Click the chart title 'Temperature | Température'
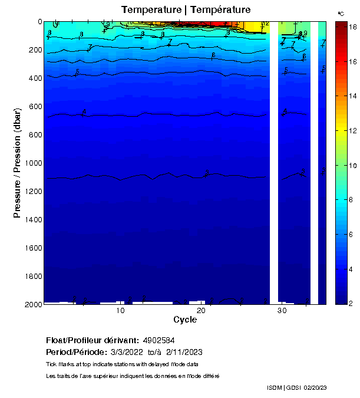tap(186, 9)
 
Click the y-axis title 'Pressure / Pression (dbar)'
tap(17, 162)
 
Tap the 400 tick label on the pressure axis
tap(34, 78)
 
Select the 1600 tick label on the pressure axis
tap(32, 248)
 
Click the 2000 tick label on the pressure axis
tap(32, 304)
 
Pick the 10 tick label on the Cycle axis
tap(120, 311)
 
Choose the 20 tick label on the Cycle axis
tap(201, 311)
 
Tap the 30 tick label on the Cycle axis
tap(282, 311)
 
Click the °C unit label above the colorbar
tap(341, 13)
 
